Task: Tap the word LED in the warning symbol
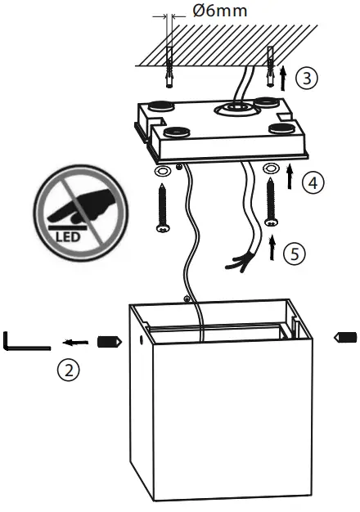pos(69,237)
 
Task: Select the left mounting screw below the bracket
pos(162,209)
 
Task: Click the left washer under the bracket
pos(162,172)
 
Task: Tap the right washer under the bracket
pos(272,169)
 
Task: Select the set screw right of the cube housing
pos(345,336)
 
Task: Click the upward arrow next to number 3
pos(284,79)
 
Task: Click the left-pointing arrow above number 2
pos(76,342)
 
